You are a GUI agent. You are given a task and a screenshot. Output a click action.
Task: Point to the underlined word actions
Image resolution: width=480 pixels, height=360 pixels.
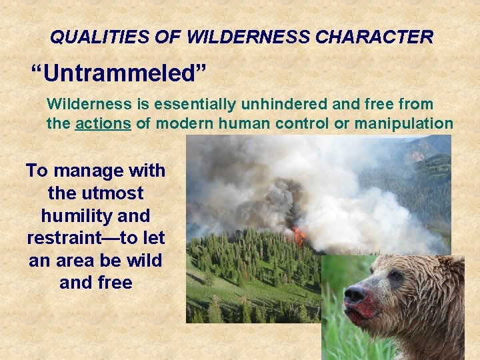coord(103,123)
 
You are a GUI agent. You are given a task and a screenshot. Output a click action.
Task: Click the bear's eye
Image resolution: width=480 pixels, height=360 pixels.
coord(397,275)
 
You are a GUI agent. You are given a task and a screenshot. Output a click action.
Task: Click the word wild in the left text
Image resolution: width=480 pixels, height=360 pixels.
coord(143,261)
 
